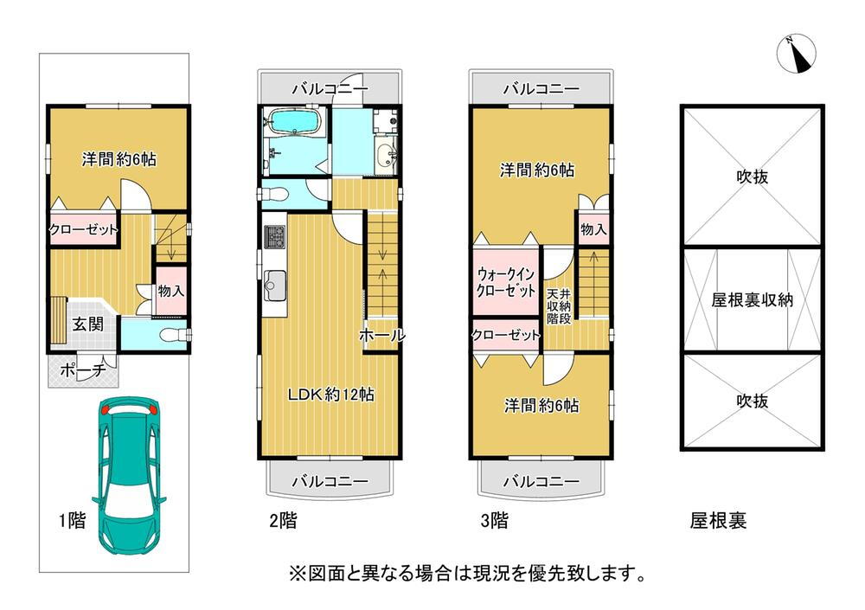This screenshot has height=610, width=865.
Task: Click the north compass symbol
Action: point(796,53)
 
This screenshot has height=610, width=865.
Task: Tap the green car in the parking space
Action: point(129,475)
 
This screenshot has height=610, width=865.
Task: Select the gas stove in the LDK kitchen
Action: point(275,237)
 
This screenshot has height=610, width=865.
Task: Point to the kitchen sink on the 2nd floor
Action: point(275,286)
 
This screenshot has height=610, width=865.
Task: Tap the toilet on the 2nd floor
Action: point(273,194)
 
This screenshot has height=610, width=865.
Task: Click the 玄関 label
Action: point(88,324)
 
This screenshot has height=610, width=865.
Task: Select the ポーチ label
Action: point(83,369)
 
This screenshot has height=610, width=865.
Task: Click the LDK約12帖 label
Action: point(331,395)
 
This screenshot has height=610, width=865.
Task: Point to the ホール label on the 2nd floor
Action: point(381,335)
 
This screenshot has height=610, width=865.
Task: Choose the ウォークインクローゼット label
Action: point(505,282)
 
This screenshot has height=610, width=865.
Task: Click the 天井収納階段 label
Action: point(558,305)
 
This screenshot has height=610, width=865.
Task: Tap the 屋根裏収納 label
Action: point(752,299)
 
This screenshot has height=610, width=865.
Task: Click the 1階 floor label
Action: point(73,520)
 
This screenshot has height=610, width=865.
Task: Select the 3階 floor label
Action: point(494,520)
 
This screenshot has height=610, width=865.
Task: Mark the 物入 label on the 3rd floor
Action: point(593,228)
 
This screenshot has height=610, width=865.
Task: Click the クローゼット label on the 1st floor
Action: point(84,229)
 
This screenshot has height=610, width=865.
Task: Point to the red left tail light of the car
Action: point(106,409)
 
